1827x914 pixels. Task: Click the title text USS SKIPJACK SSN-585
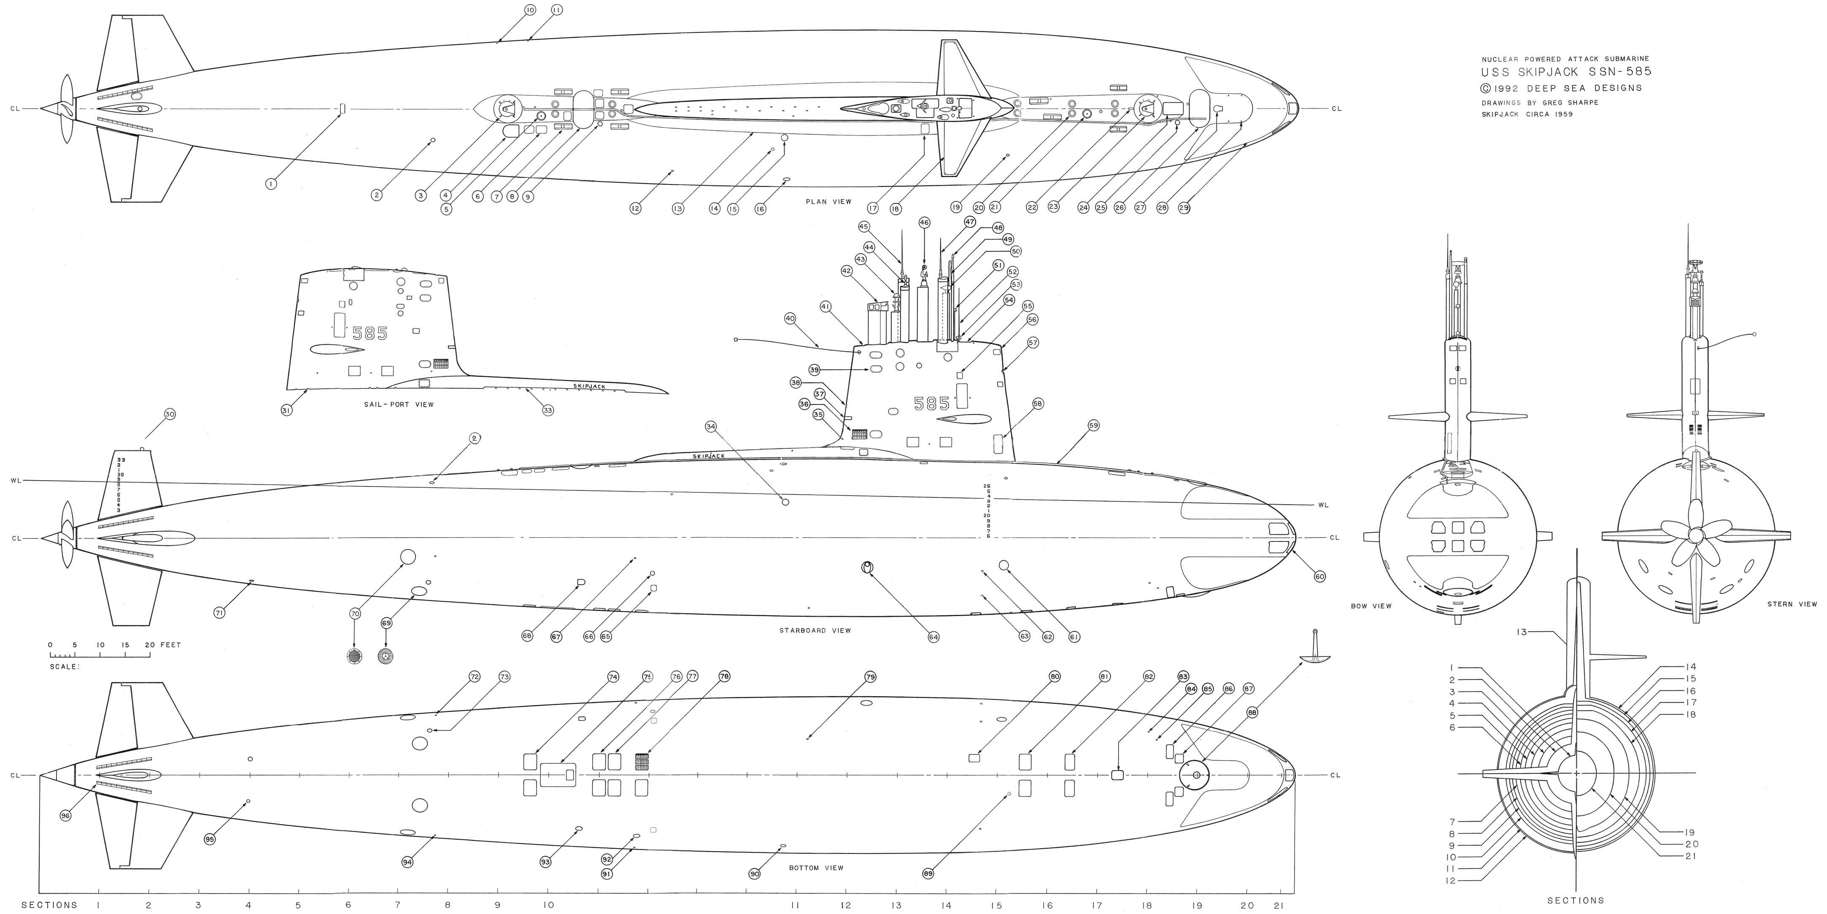coord(1566,72)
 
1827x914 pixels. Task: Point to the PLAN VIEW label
coord(828,202)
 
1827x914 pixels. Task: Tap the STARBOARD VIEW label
coord(815,630)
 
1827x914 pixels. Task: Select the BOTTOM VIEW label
coord(816,868)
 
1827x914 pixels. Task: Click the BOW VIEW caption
coord(1371,606)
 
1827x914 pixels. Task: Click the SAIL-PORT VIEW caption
coord(398,405)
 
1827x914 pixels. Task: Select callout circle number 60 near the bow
coord(1319,577)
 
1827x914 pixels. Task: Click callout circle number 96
coord(66,816)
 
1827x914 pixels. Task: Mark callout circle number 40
coord(790,319)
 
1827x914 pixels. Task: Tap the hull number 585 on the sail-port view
coord(370,333)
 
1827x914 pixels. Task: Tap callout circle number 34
coord(711,427)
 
